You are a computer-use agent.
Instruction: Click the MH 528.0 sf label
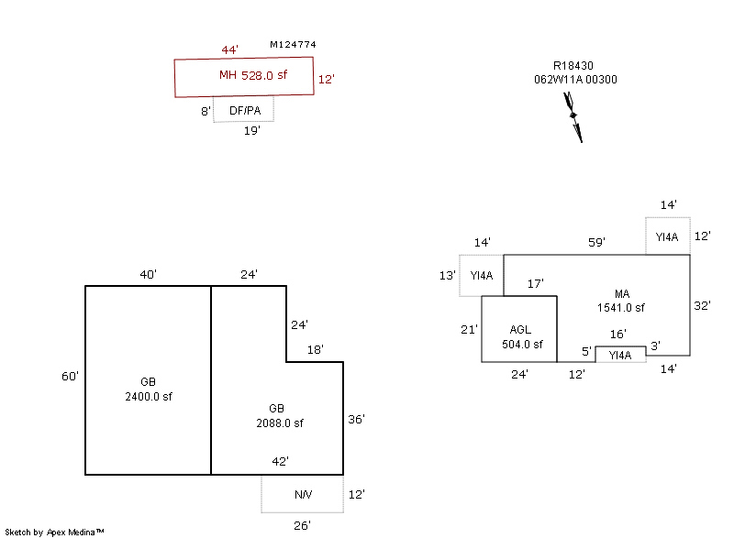[x=252, y=76]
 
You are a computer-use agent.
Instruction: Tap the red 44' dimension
[x=230, y=49]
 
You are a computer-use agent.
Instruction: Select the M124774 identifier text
[x=294, y=44]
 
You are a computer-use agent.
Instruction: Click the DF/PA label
[x=245, y=111]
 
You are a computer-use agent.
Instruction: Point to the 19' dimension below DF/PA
[x=251, y=131]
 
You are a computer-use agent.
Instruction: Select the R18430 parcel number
[x=573, y=66]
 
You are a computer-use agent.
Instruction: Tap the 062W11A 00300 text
[x=575, y=80]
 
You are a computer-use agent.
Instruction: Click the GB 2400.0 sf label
[x=149, y=390]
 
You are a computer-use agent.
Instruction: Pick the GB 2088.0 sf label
[x=280, y=417]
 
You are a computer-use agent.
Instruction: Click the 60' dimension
[x=71, y=376]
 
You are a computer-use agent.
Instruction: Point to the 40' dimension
[x=149, y=274]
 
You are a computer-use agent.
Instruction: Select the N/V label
[x=303, y=495]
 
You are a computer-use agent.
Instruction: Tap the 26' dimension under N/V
[x=302, y=525]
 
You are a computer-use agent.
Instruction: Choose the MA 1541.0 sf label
[x=621, y=301]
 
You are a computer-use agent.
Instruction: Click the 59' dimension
[x=596, y=243]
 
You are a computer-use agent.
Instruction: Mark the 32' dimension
[x=703, y=305]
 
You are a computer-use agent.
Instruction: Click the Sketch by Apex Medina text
[x=54, y=532]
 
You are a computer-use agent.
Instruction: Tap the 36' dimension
[x=357, y=419]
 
